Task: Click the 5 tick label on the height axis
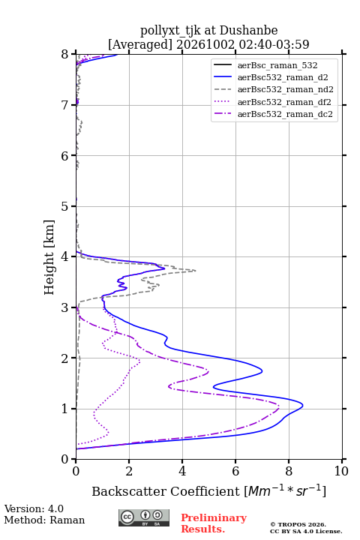click(x=64, y=206)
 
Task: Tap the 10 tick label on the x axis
click(x=341, y=471)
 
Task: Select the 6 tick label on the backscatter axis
click(x=235, y=471)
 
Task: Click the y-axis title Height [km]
click(x=49, y=257)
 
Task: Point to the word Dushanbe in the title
click(x=248, y=30)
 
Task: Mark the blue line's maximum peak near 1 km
click(x=303, y=406)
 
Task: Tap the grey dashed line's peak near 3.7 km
click(x=196, y=270)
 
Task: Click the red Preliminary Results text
click(x=214, y=523)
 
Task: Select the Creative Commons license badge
click(x=144, y=517)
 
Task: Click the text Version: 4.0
click(x=34, y=508)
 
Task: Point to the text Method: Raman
click(x=44, y=520)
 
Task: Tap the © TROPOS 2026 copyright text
click(x=298, y=524)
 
